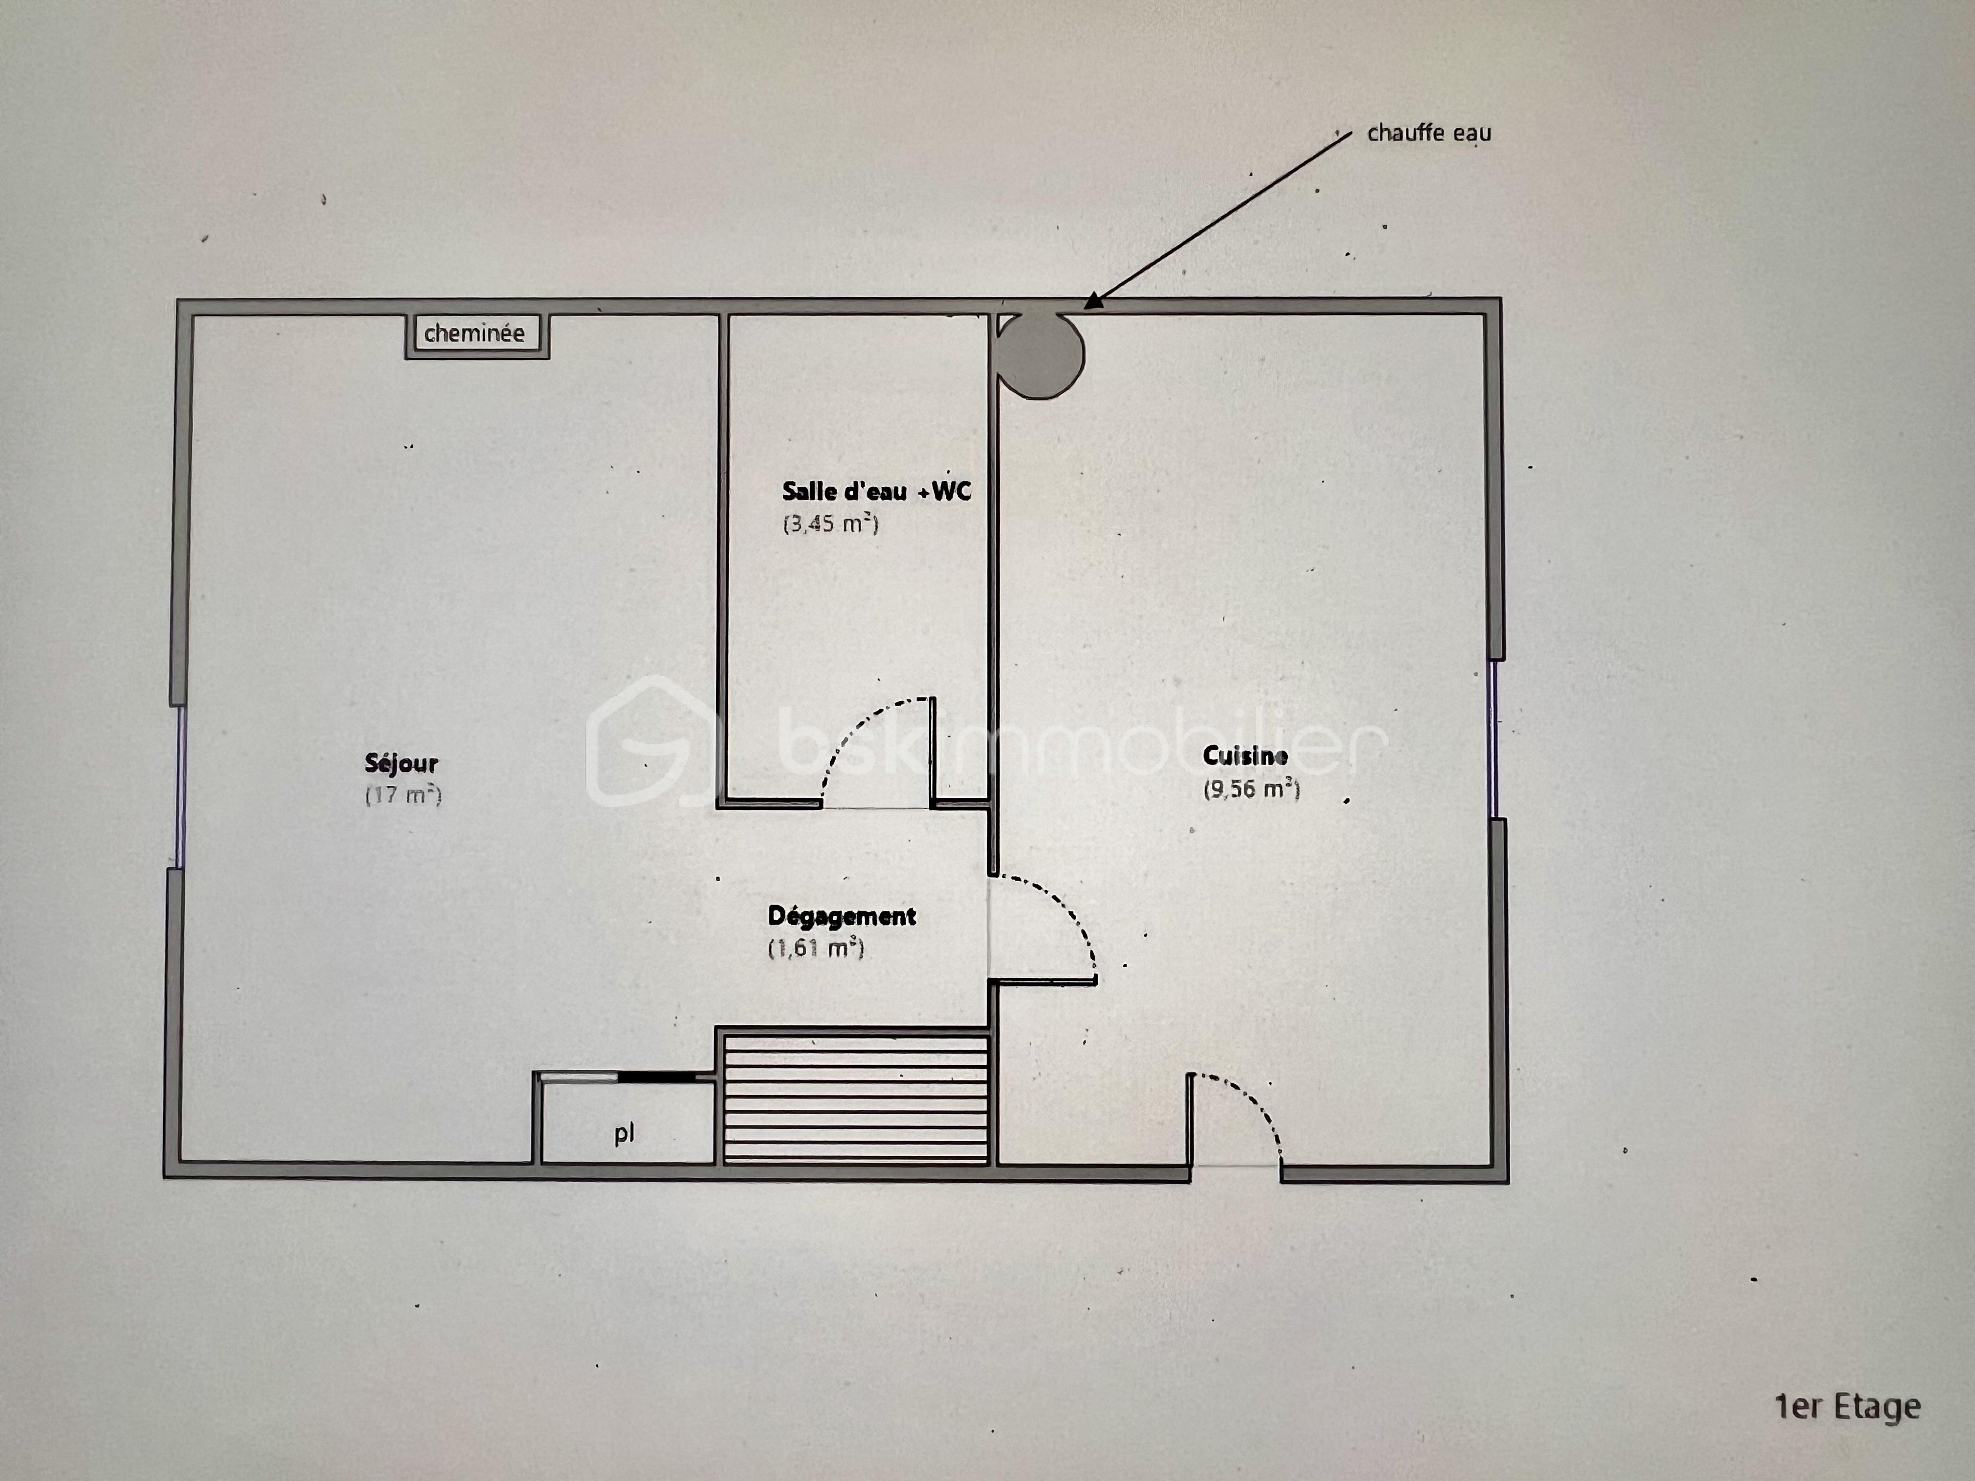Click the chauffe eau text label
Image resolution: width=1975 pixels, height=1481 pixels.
1428,133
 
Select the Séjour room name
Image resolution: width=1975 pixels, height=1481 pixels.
402,763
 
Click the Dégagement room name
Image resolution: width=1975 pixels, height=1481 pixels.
842,917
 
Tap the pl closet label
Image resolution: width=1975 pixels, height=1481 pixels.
624,1134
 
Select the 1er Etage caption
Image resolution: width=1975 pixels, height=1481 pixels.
1847,1407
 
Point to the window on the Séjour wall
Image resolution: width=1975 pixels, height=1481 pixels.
180,786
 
